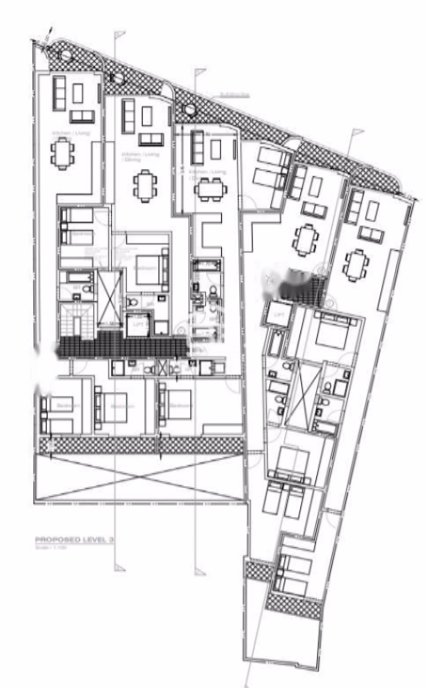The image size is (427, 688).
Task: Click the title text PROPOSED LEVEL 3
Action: click(x=74, y=538)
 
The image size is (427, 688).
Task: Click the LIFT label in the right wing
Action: click(x=279, y=314)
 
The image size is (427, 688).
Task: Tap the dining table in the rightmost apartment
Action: click(x=356, y=263)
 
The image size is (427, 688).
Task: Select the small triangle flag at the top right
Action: click(x=357, y=132)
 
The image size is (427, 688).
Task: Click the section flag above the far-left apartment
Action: click(x=121, y=34)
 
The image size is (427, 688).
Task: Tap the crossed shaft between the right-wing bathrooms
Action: click(x=305, y=385)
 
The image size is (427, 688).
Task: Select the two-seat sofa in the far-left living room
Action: click(x=82, y=116)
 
